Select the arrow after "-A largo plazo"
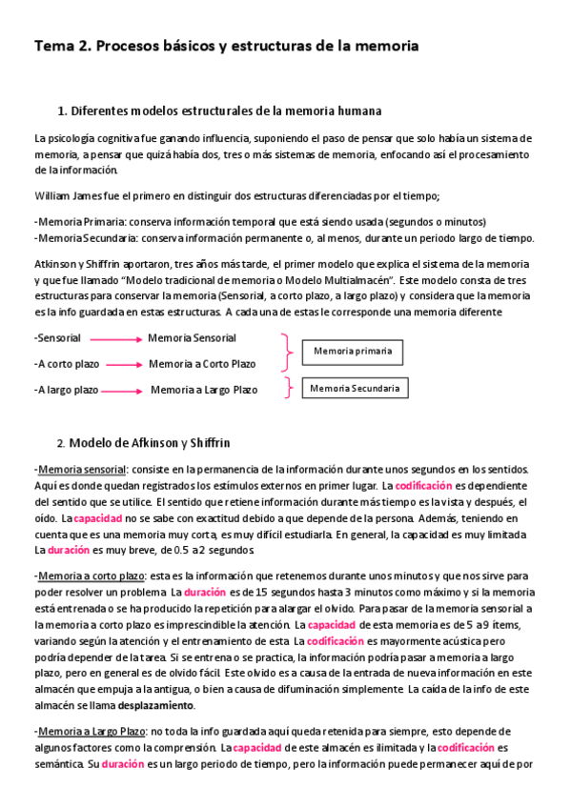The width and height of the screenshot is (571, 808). coord(124,391)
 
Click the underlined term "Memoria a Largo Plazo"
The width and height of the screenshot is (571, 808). coord(92,731)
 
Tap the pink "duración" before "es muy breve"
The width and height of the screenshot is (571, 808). coord(69,550)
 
